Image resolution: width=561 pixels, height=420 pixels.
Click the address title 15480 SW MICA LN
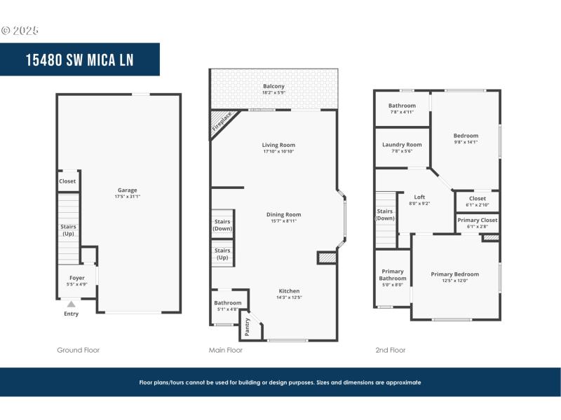click(x=79, y=59)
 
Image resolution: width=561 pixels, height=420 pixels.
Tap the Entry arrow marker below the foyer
click(x=71, y=304)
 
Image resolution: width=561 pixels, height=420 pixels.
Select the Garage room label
click(x=127, y=190)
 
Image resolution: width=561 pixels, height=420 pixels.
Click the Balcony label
click(x=273, y=86)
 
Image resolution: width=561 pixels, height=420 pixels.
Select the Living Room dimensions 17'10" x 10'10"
click(x=278, y=151)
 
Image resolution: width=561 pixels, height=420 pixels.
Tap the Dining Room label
click(x=283, y=214)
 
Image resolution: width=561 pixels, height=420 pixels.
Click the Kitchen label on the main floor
click(x=289, y=290)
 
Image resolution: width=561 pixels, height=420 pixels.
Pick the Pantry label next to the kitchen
click(x=248, y=326)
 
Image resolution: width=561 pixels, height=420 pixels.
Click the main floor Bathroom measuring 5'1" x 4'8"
click(x=228, y=303)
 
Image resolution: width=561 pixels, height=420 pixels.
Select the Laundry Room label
click(x=402, y=145)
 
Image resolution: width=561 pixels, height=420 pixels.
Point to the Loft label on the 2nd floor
click(x=419, y=197)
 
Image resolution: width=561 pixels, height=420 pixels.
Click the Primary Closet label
click(x=478, y=220)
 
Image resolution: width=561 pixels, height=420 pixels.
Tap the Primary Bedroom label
click(x=454, y=274)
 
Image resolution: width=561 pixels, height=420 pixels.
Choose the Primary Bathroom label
click(x=393, y=275)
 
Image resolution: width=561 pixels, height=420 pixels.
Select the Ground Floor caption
click(x=78, y=350)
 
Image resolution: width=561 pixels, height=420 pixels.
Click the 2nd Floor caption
click(x=391, y=350)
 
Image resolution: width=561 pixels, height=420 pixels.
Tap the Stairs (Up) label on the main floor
click(x=222, y=253)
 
